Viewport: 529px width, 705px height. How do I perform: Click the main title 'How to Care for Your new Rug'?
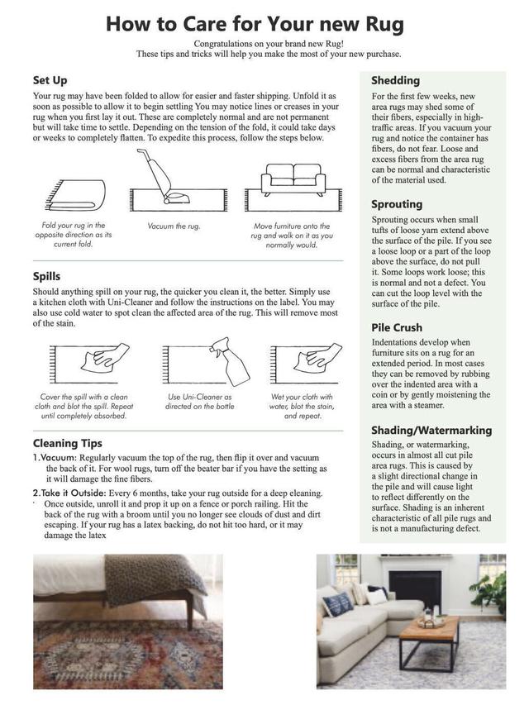coord(254,24)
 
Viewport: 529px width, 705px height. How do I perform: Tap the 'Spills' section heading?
coord(46,277)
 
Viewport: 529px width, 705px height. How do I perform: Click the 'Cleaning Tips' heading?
coord(68,443)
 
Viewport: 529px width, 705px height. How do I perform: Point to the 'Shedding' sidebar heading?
coord(396,80)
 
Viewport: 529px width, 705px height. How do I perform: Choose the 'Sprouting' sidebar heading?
coord(397,203)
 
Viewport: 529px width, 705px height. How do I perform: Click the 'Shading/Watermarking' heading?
coord(431,430)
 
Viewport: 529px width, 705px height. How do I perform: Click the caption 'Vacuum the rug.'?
coord(174,226)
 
